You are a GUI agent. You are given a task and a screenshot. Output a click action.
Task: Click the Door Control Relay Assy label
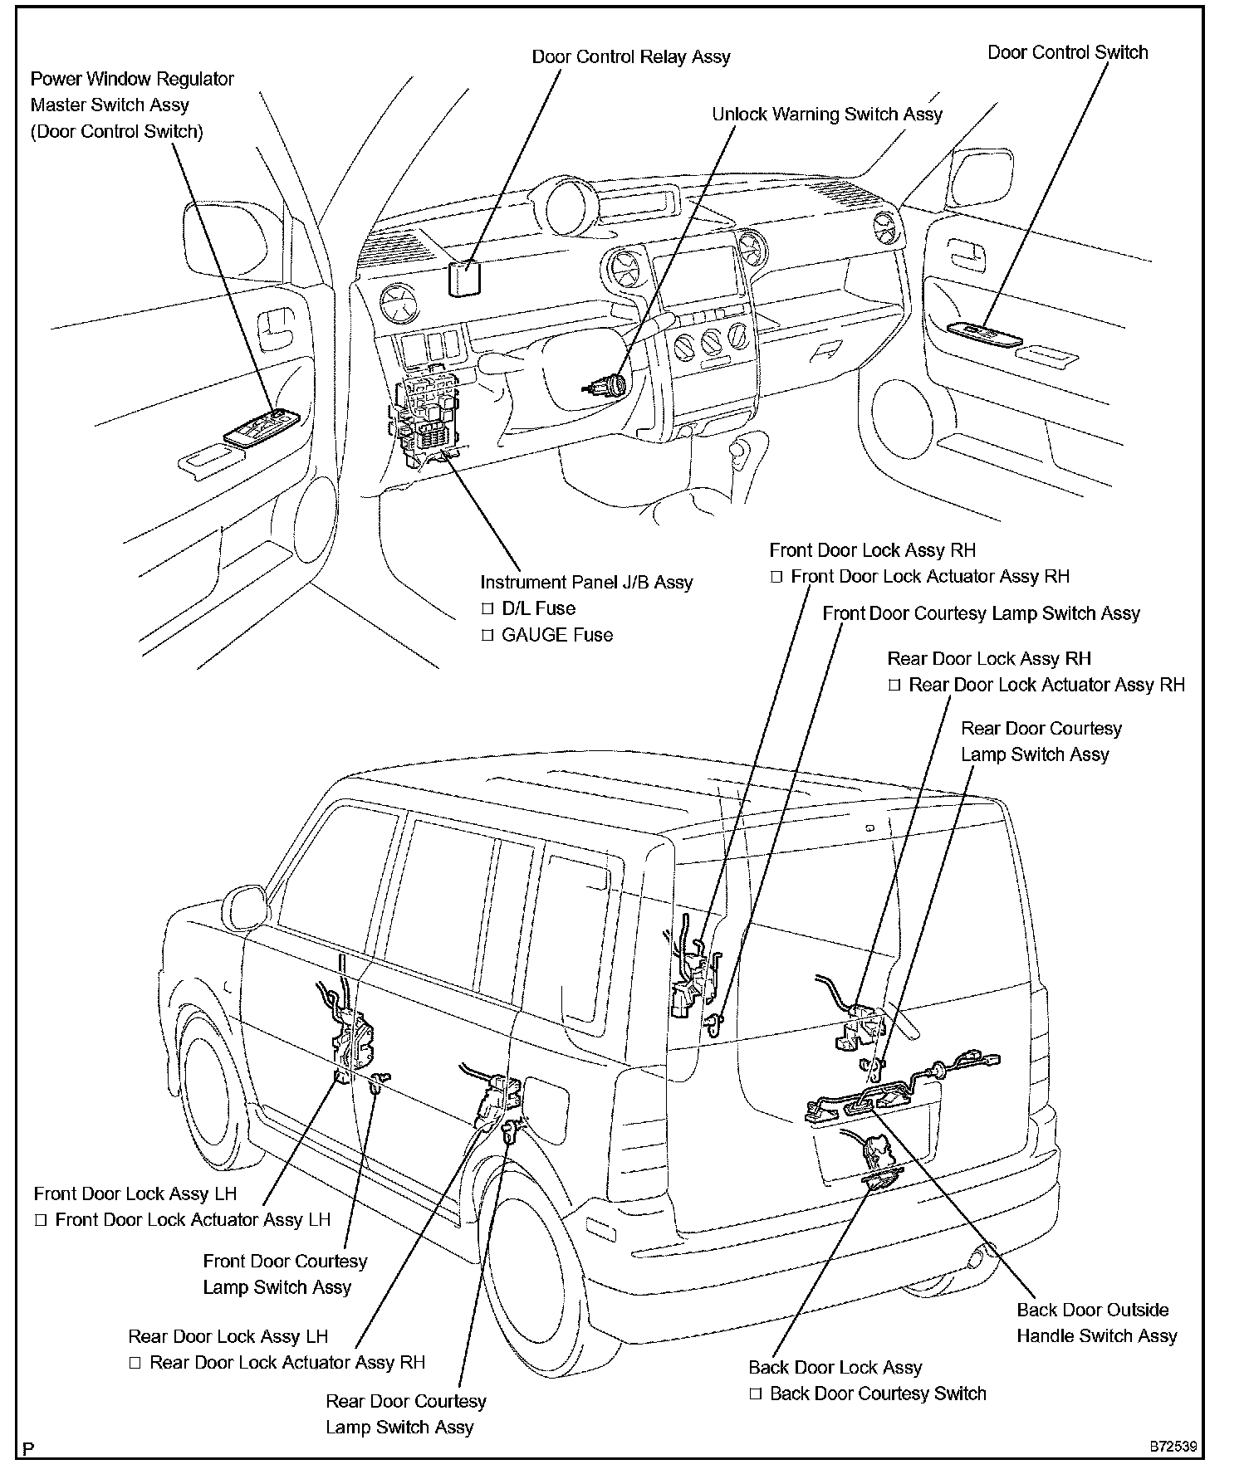tap(630, 57)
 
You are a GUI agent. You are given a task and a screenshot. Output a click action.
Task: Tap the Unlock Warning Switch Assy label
tap(827, 115)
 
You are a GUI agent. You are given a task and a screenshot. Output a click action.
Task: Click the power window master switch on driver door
tap(262, 428)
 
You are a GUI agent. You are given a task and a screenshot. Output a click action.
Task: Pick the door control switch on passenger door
tap(986, 332)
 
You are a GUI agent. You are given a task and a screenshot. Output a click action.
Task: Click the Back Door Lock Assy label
tap(835, 1368)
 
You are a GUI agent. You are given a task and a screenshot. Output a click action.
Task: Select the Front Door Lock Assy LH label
tap(135, 1193)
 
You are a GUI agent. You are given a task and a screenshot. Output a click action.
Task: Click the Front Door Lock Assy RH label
tap(872, 550)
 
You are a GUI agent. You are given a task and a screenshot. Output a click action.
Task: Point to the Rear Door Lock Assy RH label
tap(989, 659)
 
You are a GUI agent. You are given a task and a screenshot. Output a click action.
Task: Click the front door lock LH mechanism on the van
tap(352, 1037)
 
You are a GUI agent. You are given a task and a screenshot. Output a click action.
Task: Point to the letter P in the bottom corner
tap(29, 1450)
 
